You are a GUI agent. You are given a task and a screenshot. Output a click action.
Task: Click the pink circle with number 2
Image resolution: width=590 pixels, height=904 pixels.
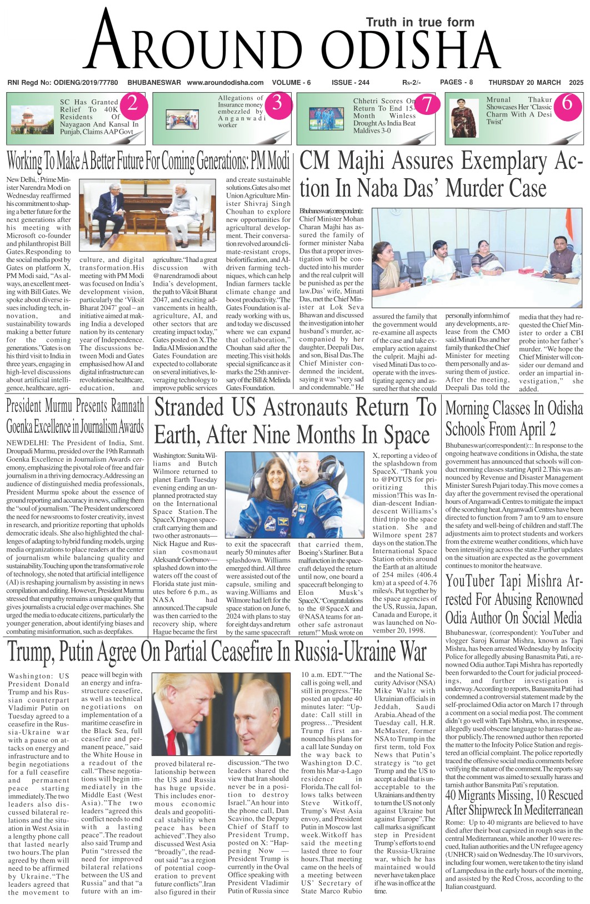click(x=133, y=104)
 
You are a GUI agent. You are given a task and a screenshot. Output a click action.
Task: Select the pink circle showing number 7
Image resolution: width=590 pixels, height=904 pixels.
click(x=426, y=104)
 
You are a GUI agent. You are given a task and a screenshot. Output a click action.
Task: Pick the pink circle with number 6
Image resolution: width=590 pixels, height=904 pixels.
click(x=567, y=104)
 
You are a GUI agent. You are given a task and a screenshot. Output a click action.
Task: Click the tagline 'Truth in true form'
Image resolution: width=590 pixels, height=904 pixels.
click(x=420, y=22)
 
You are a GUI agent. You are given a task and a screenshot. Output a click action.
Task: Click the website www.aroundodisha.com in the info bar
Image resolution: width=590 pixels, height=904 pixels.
click(x=225, y=83)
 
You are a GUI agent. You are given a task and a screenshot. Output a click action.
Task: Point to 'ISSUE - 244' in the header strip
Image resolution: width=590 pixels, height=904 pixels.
click(x=350, y=83)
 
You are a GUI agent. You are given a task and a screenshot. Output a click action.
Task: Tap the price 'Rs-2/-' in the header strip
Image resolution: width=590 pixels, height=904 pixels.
click(x=411, y=83)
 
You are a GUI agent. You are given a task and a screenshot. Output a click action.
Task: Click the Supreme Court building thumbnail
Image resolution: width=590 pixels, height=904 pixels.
click(x=33, y=119)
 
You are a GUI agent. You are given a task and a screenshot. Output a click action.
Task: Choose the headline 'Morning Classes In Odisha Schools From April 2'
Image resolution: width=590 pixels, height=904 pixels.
click(x=514, y=418)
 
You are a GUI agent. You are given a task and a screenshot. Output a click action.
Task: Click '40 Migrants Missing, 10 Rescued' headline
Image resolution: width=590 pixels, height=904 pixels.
click(x=514, y=795)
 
